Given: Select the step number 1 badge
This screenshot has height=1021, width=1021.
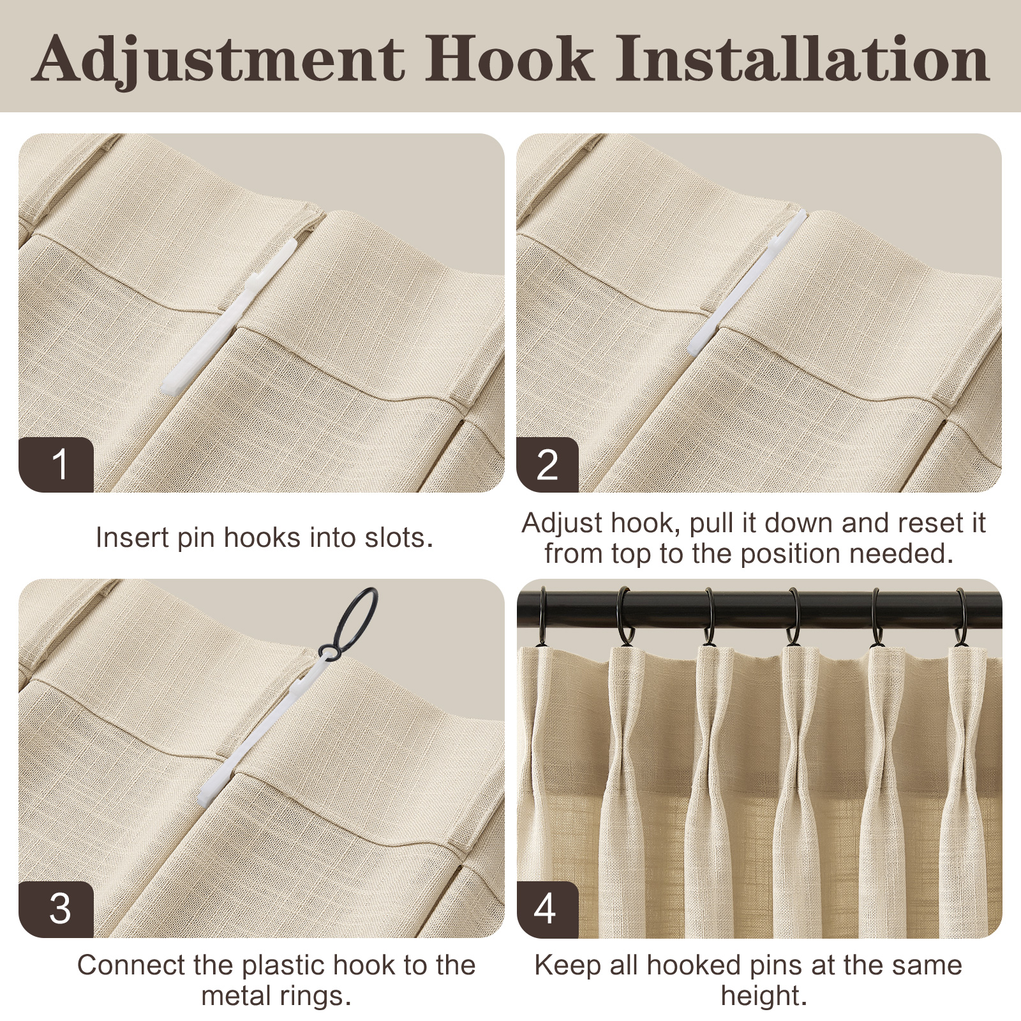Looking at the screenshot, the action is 57,464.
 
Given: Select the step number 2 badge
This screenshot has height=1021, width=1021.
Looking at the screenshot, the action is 548,464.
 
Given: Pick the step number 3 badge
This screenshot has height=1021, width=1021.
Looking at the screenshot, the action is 57,909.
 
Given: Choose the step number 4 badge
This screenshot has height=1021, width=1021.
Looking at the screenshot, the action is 548,909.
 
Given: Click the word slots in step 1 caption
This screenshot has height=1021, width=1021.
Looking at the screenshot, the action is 399,537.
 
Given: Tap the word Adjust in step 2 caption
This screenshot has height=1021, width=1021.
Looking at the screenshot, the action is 562,524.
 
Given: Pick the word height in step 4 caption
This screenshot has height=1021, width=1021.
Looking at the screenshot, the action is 764,997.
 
